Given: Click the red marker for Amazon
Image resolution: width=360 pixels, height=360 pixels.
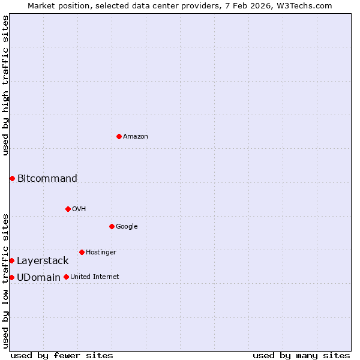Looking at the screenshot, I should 119,136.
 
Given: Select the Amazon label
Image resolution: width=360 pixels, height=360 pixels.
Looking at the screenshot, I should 136,137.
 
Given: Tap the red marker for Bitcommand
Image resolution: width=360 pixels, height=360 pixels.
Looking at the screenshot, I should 12,178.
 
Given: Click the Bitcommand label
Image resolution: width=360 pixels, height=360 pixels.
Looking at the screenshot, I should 47,178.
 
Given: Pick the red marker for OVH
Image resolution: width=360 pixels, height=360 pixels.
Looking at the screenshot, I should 68,209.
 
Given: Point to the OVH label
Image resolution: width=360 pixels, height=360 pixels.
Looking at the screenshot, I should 79,209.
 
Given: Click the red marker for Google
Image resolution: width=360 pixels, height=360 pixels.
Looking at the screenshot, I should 112,226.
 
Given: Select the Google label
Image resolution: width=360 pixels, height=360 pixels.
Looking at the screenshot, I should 127,226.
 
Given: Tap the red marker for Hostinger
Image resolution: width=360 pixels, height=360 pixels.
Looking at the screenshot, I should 82,252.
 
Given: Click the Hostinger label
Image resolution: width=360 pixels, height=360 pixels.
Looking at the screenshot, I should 101,252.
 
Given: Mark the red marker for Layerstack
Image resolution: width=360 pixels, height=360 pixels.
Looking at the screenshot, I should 11,260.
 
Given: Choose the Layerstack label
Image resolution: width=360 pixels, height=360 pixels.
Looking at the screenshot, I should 43,260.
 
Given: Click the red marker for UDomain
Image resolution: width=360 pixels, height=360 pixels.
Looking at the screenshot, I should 11,277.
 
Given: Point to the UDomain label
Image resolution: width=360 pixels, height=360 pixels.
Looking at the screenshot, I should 38,277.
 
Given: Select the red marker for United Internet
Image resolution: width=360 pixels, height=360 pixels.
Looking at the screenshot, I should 66,277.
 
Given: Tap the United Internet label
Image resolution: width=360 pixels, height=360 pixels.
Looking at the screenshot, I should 95,277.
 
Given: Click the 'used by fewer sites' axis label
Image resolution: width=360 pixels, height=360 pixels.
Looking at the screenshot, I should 62,355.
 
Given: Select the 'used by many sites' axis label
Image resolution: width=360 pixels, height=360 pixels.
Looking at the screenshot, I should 301,355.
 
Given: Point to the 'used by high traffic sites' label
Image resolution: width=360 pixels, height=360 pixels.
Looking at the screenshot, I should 5,85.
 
